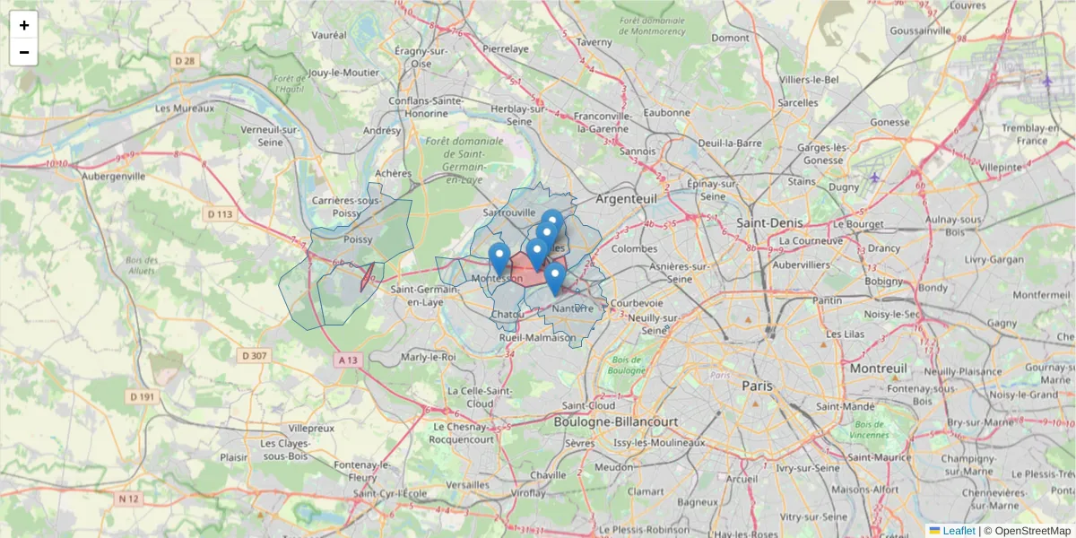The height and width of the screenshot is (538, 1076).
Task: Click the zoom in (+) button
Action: [x=24, y=25]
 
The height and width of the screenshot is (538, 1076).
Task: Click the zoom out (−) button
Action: [x=24, y=52]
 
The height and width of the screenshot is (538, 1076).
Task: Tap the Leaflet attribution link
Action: [x=958, y=531]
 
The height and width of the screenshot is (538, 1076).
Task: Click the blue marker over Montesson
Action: [x=499, y=258]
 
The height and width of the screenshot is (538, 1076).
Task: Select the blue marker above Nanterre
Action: [x=555, y=277]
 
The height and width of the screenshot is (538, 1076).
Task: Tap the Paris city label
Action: [x=757, y=386]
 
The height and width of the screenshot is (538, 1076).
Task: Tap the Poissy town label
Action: [x=358, y=240]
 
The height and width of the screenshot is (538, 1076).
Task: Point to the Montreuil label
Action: [x=880, y=369]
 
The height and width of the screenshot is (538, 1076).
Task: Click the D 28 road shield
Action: [x=185, y=61]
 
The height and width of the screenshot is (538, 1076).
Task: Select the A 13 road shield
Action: [x=348, y=360]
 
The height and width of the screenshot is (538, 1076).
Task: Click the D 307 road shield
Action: [x=255, y=356]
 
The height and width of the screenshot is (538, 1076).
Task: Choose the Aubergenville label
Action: [x=113, y=177]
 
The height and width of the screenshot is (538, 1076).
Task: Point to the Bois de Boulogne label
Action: [x=626, y=365]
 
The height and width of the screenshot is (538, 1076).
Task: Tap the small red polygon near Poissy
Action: [x=366, y=278]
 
